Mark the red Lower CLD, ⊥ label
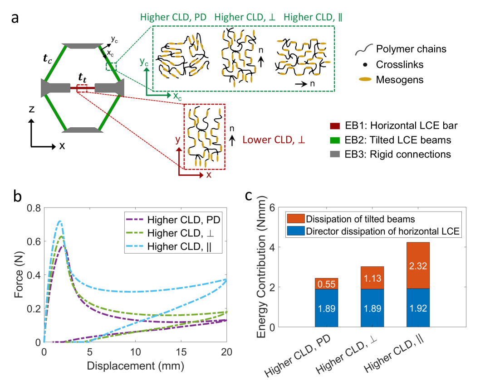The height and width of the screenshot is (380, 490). [274, 140]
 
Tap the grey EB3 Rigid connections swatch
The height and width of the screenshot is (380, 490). [336, 154]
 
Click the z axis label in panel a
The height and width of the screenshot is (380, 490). [30, 110]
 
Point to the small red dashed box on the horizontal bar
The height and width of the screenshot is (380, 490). [82, 88]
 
